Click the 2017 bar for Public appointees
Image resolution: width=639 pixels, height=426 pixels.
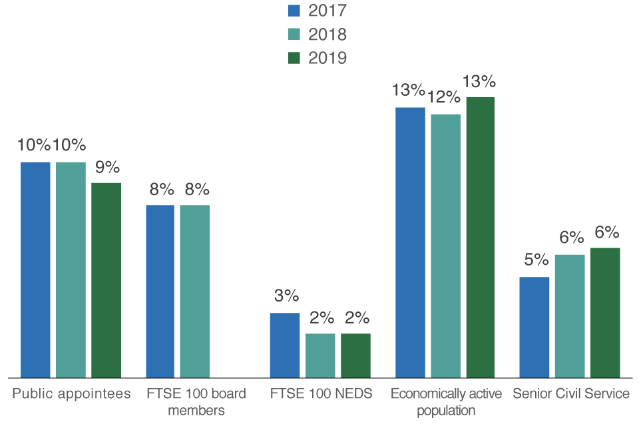point(35,270)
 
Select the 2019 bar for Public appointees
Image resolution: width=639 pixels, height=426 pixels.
point(106,280)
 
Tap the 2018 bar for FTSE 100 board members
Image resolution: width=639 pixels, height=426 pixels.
point(194,291)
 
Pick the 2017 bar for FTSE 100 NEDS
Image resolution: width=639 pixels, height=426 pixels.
point(284,345)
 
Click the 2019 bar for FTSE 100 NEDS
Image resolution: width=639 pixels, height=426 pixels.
point(355,355)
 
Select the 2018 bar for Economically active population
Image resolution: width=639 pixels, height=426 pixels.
point(446,246)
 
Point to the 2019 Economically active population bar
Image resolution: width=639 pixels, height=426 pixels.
point(481,237)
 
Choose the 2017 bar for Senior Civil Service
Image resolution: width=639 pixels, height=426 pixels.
point(534,327)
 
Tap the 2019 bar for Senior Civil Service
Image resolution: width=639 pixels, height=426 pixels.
point(605,312)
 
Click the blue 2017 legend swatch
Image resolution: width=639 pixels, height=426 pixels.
point(294,10)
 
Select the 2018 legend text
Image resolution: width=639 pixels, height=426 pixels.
point(327,34)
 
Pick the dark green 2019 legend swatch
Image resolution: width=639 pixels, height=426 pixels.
point(294,58)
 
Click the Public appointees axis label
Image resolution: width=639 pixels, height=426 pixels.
point(72,393)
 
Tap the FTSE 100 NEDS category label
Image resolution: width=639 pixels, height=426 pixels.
point(321,393)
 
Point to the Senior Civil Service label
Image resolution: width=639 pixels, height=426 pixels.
point(570,393)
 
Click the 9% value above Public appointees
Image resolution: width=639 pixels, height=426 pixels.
point(106,167)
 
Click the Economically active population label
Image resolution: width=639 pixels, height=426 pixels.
point(446,401)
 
